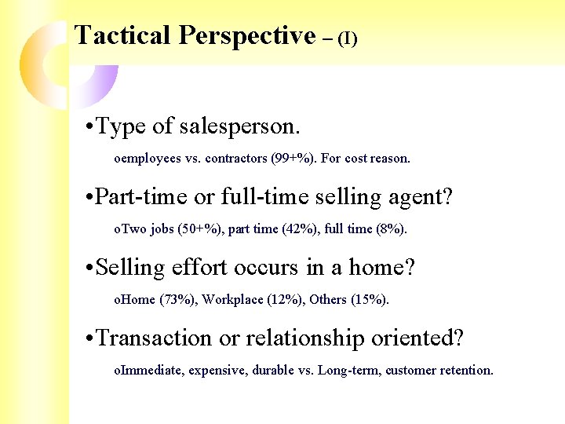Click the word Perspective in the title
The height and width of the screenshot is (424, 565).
pyautogui.click(x=246, y=35)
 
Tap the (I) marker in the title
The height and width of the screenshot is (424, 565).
pyautogui.click(x=347, y=38)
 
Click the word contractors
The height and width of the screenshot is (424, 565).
pyautogui.click(x=235, y=159)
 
